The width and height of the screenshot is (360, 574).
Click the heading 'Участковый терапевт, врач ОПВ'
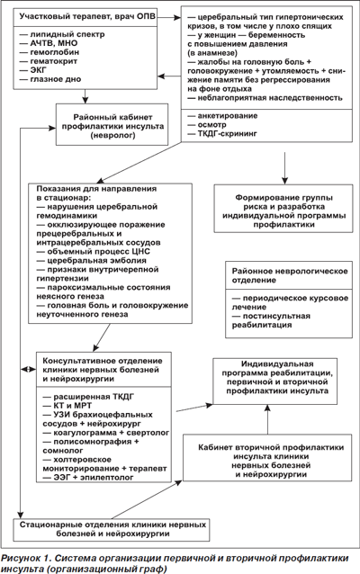[87, 16]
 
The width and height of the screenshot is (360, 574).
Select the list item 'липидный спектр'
[62, 34]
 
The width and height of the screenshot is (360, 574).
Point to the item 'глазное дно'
[50, 79]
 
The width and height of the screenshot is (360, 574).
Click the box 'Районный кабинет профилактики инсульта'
[112, 124]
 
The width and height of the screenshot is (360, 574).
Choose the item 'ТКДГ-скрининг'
[222, 134]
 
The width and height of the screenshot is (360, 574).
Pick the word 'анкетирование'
[228, 116]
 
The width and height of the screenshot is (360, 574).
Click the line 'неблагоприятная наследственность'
[265, 98]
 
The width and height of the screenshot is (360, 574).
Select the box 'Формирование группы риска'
[283, 209]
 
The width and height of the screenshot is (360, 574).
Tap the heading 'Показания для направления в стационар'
[96, 193]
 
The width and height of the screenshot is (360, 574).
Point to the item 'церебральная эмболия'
[91, 260]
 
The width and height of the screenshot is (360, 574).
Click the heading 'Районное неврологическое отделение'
[290, 275]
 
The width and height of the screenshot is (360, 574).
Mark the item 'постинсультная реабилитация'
[271, 320]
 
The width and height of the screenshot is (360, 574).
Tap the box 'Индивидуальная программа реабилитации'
[275, 381]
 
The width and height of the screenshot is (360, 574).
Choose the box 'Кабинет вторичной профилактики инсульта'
[267, 458]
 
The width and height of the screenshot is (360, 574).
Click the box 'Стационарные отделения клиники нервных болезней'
[112, 530]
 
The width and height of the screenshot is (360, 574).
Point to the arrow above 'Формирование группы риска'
[284, 167]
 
